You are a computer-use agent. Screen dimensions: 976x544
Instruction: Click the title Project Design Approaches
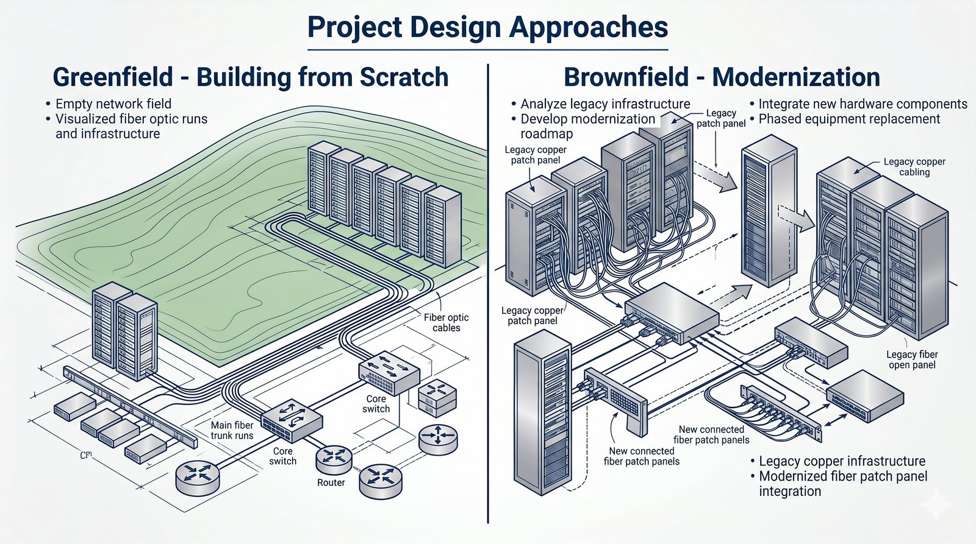(487, 27)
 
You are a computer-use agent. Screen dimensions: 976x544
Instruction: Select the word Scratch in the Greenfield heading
(404, 77)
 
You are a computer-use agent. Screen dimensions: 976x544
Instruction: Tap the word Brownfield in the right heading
(626, 77)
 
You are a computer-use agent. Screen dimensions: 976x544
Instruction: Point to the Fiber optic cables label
(446, 322)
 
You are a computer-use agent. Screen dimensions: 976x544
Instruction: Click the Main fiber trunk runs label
(232, 430)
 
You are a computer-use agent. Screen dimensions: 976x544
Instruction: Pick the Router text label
(331, 482)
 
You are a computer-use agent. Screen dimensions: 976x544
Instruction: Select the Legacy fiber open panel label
(912, 359)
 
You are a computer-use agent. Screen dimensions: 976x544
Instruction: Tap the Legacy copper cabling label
(914, 167)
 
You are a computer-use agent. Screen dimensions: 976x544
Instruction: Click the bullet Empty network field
(109, 104)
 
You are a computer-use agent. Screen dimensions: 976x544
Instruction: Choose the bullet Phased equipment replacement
(845, 119)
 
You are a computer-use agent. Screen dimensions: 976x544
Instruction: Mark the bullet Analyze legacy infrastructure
(601, 104)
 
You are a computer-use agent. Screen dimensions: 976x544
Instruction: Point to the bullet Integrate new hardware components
(858, 104)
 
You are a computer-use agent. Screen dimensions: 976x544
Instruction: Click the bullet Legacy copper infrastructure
(838, 461)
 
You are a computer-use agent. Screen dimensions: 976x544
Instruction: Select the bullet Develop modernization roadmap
(583, 126)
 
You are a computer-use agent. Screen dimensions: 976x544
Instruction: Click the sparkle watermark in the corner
(937, 504)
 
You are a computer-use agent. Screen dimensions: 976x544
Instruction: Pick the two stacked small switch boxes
(437, 397)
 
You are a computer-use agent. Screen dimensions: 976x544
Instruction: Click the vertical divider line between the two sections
(488, 294)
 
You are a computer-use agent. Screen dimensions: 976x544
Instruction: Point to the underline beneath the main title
(487, 49)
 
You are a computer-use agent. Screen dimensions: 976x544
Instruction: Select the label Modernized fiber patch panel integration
(839, 484)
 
